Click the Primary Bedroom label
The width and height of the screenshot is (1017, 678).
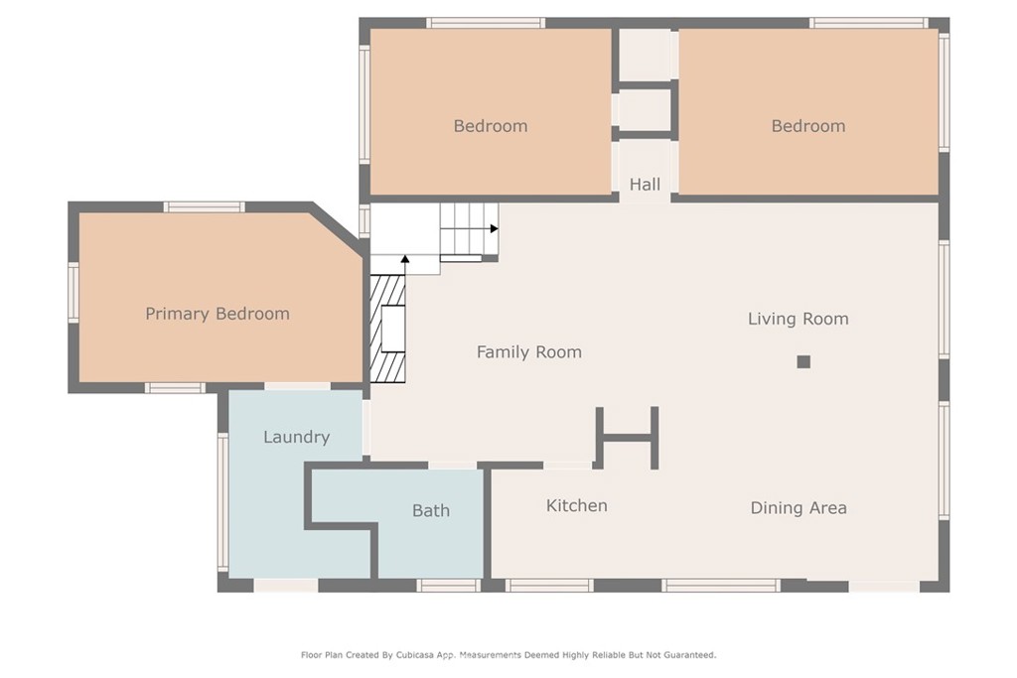tap(218, 314)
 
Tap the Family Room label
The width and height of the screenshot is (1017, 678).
tap(529, 352)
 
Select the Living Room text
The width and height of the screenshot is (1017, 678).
tap(799, 319)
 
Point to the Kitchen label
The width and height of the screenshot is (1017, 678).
tap(577, 505)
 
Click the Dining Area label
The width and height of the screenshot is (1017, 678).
tap(799, 507)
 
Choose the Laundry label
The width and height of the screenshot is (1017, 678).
tap(296, 437)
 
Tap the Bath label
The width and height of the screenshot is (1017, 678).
tap(431, 511)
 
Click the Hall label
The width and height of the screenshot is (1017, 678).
tap(645, 185)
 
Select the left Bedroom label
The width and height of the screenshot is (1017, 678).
tap(491, 126)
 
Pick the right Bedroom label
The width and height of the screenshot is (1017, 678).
tap(808, 126)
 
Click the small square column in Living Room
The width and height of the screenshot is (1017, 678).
tap(803, 361)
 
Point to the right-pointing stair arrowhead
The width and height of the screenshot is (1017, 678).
tap(495, 228)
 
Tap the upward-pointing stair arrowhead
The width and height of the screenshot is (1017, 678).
tap(405, 259)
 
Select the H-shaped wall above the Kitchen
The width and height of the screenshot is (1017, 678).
tap(628, 438)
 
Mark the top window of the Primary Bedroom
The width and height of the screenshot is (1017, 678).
tap(204, 207)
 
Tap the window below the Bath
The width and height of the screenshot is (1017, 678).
tap(448, 586)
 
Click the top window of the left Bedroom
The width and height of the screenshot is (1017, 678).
tap(486, 24)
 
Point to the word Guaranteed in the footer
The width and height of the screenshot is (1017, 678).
tap(689, 655)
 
